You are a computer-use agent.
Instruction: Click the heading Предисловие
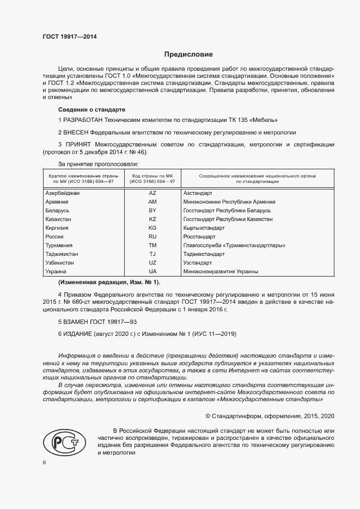pyautogui.click(x=188, y=54)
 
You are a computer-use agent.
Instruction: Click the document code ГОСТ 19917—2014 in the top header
pyautogui.click(x=70, y=37)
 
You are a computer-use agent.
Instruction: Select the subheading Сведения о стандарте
pyautogui.click(x=91, y=109)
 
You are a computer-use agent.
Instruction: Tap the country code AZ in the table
pyautogui.click(x=152, y=193)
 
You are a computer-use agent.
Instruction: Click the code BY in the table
pyautogui.click(x=152, y=210)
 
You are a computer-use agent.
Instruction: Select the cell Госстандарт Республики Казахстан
pyautogui.click(x=228, y=219)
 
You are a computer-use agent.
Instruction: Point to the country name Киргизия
pyautogui.click(x=57, y=228)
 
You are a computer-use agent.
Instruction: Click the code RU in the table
pyautogui.click(x=152, y=236)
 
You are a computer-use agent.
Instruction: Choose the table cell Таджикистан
pyautogui.click(x=62, y=254)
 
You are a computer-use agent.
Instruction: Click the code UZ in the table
pyautogui.click(x=152, y=262)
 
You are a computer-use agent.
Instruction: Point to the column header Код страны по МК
pyautogui.click(x=152, y=179)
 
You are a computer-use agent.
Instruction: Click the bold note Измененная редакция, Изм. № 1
pyautogui.click(x=109, y=282)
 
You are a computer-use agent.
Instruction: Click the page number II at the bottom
pyautogui.click(x=45, y=462)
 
